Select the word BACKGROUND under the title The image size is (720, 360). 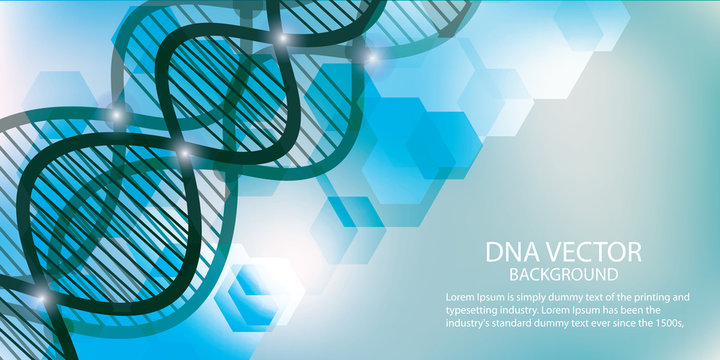[562, 274]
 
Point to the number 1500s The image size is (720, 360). [676, 323]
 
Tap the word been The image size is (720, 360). [662, 310]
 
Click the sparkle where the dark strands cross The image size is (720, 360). [183, 151]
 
